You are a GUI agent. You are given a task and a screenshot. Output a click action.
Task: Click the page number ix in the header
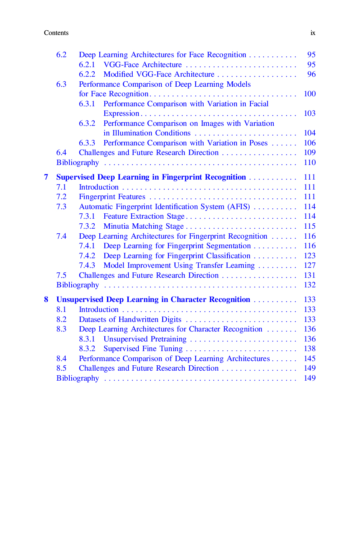pos(313,33)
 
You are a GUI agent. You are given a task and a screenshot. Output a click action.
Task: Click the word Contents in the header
pos(56,33)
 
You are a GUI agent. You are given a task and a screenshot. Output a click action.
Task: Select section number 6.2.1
pos(87,65)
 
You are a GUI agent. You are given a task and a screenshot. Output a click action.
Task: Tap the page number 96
pos(311,74)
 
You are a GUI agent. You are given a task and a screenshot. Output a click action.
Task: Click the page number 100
pos(309,94)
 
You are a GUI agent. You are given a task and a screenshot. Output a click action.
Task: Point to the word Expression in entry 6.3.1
pos(121,114)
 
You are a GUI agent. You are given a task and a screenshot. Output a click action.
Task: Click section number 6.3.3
pos(87,143)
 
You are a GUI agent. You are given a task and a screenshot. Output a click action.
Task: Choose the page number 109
pos(309,153)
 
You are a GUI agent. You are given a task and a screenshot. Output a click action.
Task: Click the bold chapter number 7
pos(46,177)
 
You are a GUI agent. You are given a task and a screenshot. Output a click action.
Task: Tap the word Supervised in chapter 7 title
pos(76,177)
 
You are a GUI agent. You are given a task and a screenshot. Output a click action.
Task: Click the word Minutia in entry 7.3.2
pos(116,226)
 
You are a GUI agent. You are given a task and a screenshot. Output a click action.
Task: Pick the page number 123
pos(309,256)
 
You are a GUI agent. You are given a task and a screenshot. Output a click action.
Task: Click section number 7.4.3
pos(87,266)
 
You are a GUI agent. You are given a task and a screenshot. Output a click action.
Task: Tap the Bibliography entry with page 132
pos(77,285)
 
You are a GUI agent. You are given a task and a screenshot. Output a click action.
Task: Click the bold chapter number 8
pos(46,300)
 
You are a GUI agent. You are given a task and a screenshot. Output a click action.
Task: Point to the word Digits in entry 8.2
pos(171,320)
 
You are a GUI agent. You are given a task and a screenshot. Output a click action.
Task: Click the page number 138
pos(309,349)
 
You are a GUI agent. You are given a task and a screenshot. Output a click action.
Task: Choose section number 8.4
pos(61,359)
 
